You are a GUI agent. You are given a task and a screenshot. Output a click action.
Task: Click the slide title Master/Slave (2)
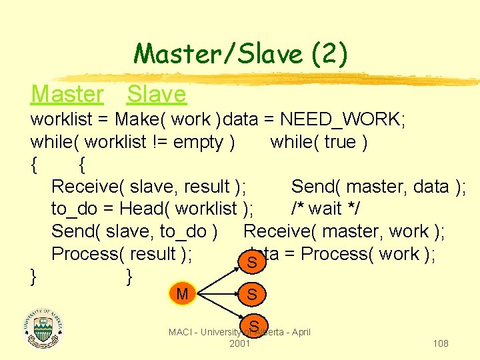tap(240, 54)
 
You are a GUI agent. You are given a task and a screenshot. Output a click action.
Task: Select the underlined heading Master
tap(67, 95)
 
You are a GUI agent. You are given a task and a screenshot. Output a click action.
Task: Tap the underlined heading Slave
tap(157, 95)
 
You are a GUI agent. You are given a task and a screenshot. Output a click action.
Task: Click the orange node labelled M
tap(182, 293)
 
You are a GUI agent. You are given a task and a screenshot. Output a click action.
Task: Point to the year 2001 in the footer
tap(239, 343)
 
